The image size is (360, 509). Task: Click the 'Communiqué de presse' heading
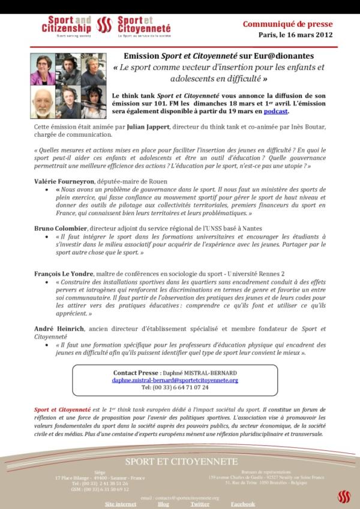(287, 24)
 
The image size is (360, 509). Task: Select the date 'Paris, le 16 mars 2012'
(295, 35)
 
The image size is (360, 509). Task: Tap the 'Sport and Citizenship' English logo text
(67, 25)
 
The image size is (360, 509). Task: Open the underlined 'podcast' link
(276, 112)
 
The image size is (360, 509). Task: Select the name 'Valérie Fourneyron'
(62, 181)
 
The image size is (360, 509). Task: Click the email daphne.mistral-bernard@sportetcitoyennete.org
(175, 380)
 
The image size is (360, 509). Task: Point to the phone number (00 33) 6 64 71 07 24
(175, 387)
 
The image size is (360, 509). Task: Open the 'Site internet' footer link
(121, 504)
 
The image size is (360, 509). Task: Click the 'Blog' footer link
(163, 504)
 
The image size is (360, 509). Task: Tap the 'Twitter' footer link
(200, 504)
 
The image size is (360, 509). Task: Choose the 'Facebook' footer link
(243, 504)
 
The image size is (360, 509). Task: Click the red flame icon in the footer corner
(343, 496)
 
